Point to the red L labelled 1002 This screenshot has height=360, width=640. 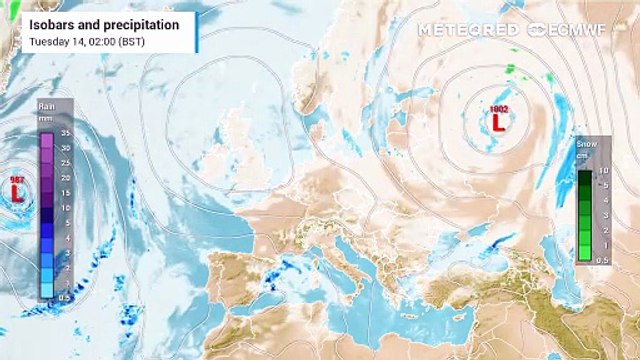(497, 122)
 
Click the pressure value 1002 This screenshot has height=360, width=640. (498, 108)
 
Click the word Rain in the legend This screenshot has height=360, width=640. (46, 105)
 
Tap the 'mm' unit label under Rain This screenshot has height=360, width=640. (46, 118)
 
